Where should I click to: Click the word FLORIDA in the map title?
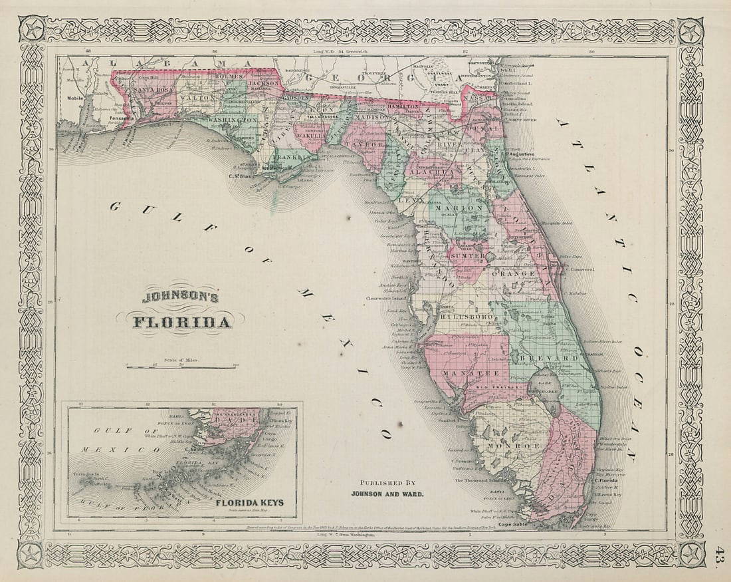[x=183, y=323]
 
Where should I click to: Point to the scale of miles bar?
[x=181, y=366]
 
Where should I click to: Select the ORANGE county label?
[x=514, y=274]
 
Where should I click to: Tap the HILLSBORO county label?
[x=465, y=318]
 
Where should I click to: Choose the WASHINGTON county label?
[x=235, y=120]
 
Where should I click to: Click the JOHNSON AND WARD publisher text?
[x=389, y=494]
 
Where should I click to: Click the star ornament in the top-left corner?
[x=31, y=31]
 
